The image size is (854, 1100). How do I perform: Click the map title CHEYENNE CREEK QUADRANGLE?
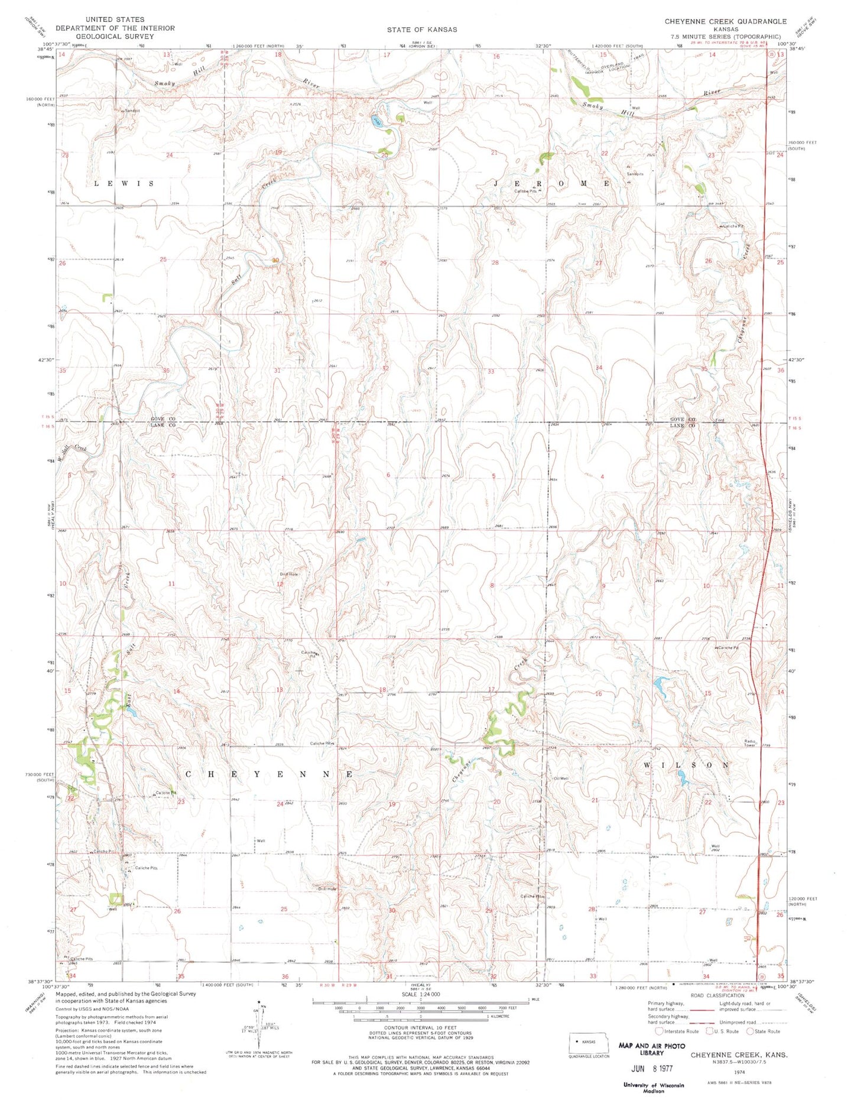(x=725, y=21)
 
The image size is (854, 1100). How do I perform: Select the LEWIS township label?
(x=124, y=184)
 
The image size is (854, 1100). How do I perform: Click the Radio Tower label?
(x=753, y=744)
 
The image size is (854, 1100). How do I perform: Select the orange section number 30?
(x=275, y=260)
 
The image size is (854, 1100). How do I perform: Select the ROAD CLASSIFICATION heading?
(x=717, y=995)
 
